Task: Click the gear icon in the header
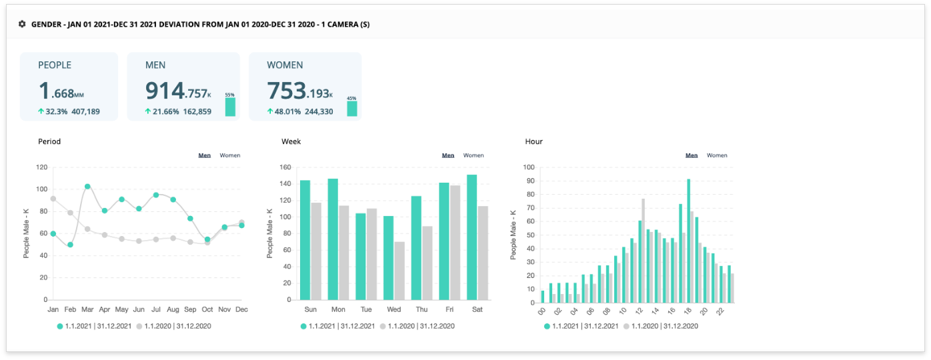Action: tap(22, 24)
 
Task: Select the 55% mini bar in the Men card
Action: tap(230, 107)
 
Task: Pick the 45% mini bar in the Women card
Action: tap(351, 108)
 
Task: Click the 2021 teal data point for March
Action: tap(87, 187)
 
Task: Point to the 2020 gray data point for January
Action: tap(53, 199)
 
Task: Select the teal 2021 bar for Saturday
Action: tap(472, 237)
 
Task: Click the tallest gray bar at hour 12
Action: tap(643, 249)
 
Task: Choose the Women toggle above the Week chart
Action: tap(474, 155)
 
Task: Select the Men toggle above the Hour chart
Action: tap(692, 155)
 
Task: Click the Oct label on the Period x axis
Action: tap(207, 310)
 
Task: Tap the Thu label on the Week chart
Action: tap(421, 310)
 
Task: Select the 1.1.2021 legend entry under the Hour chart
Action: tap(578, 326)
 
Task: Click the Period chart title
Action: tap(49, 141)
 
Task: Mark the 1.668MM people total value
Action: tap(61, 91)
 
